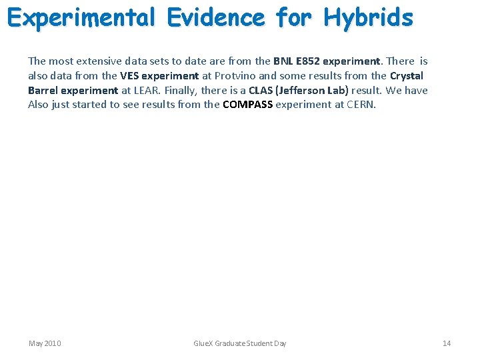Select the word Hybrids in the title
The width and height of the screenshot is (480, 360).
coord(368,17)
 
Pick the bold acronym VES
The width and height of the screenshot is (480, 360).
coord(129,76)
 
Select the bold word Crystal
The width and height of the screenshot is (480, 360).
coord(407,76)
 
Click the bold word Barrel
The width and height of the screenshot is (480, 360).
coord(44,90)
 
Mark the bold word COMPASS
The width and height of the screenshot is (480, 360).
coord(247,105)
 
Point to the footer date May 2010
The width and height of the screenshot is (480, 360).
coord(45,343)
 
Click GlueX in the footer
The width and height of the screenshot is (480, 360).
coord(203,343)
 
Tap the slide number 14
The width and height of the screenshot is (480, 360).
coord(447,343)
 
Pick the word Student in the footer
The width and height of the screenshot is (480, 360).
coord(260,343)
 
